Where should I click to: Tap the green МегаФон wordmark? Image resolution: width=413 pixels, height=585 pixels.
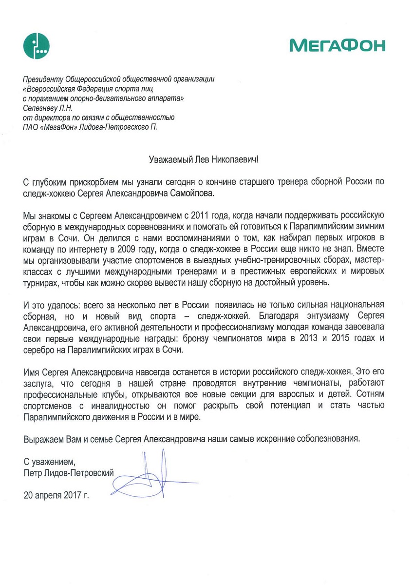337,45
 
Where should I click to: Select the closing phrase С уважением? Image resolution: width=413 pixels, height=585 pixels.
50,461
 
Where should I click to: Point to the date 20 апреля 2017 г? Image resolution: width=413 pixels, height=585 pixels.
57,496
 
